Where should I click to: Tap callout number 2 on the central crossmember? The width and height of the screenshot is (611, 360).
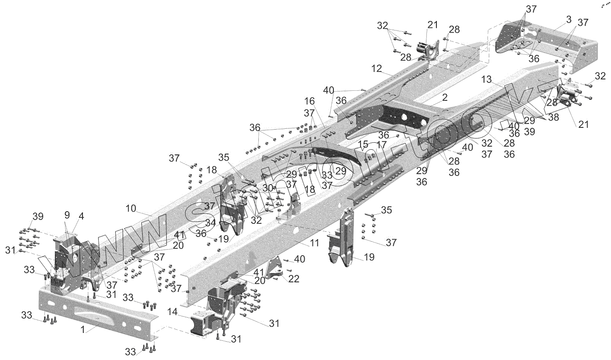click(x=444, y=98)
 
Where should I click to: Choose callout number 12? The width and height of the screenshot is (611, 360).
click(x=377, y=69)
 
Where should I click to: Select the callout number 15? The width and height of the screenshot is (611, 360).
click(x=363, y=144)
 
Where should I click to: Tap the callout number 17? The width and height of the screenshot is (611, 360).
click(x=381, y=144)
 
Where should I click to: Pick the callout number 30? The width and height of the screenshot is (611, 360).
click(x=268, y=187)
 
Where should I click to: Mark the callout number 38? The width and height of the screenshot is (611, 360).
click(x=553, y=117)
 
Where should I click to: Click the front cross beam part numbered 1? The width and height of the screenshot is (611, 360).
click(x=96, y=308)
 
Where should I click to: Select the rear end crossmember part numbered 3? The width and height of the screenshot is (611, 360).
click(x=546, y=48)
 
